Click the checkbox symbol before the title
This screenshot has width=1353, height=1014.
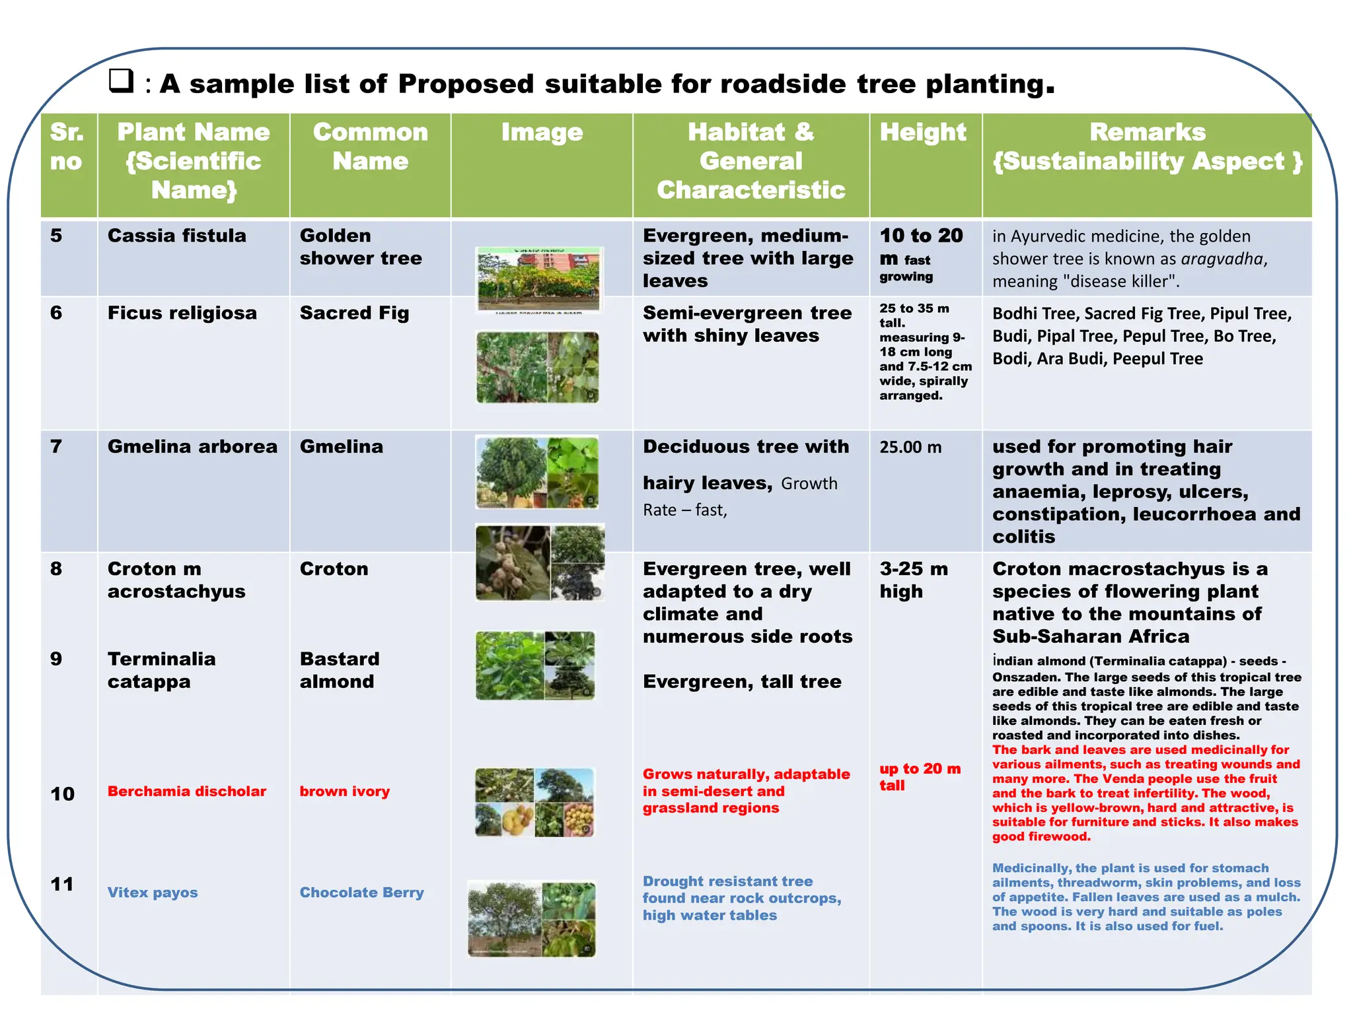pyautogui.click(x=121, y=81)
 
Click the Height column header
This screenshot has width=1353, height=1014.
pyautogui.click(x=922, y=133)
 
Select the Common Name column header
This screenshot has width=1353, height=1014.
pyautogui.click(x=370, y=147)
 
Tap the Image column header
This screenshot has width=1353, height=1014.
pyautogui.click(x=542, y=133)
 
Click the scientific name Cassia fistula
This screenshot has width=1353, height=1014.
pyautogui.click(x=176, y=236)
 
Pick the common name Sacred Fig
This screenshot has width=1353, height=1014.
pyautogui.click(x=354, y=313)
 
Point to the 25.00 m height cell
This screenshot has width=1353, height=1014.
pyautogui.click(x=910, y=448)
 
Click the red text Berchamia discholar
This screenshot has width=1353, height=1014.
pyautogui.click(x=186, y=791)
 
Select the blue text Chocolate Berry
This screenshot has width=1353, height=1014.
pyautogui.click(x=361, y=893)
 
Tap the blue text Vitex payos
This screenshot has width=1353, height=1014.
pyautogui.click(x=153, y=893)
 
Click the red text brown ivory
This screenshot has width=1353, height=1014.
pyautogui.click(x=344, y=791)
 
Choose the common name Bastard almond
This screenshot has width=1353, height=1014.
pyautogui.click(x=339, y=670)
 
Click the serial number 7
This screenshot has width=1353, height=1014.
pyautogui.click(x=56, y=447)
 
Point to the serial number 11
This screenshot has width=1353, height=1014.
pyautogui.click(x=62, y=884)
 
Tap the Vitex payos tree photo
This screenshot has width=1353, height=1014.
pyautogui.click(x=532, y=918)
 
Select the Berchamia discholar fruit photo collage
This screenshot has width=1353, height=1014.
pyautogui.click(x=534, y=802)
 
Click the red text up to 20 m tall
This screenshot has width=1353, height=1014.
pyautogui.click(x=919, y=777)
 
